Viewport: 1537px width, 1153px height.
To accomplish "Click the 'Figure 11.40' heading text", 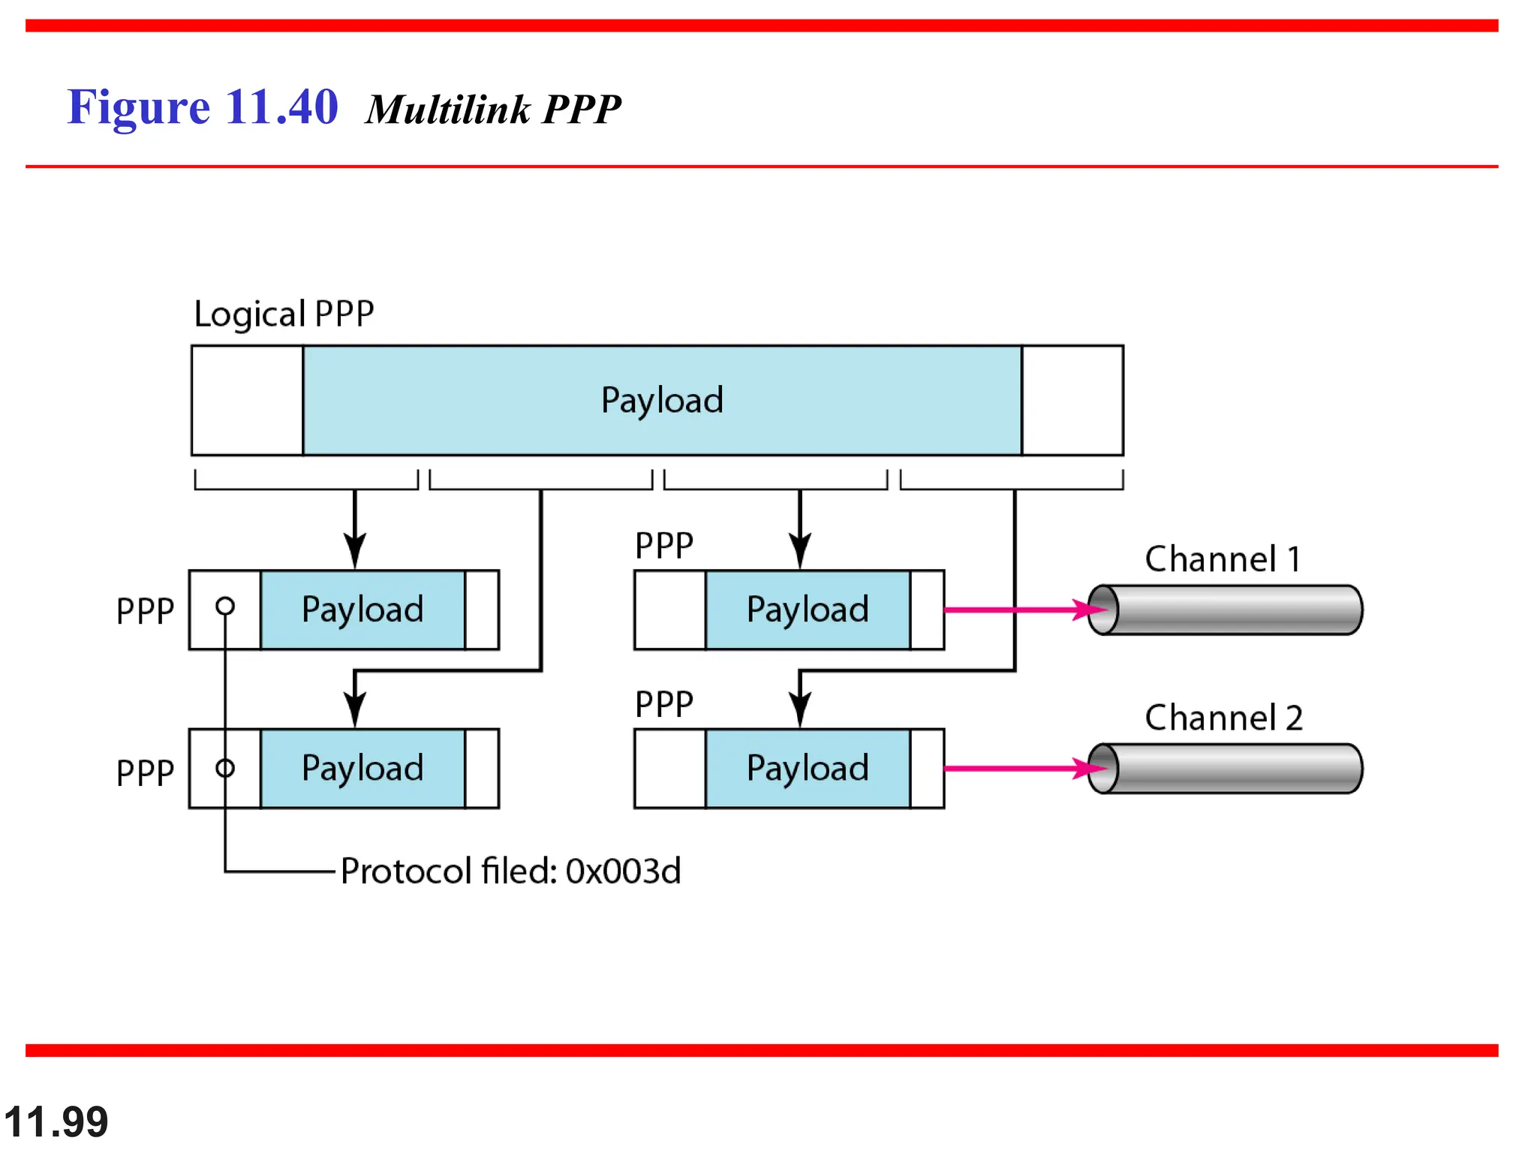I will click(x=202, y=107).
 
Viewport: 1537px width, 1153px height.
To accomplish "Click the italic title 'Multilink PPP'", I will click(x=493, y=110).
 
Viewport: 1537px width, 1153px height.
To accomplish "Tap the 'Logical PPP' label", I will click(x=284, y=314).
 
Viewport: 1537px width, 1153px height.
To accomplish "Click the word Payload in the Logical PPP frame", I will click(x=662, y=400).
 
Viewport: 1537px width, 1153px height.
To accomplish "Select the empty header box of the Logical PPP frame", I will click(x=247, y=400).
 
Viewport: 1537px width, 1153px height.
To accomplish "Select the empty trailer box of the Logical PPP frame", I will click(x=1072, y=400).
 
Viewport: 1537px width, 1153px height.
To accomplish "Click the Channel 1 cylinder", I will click(x=1231, y=610).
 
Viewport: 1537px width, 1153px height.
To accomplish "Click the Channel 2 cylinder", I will click(x=1231, y=768).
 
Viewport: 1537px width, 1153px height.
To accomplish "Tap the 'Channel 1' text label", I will click(x=1223, y=559).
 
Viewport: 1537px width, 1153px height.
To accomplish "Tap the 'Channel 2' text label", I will click(x=1223, y=718).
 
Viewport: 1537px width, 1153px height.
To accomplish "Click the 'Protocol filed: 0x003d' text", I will click(x=510, y=871).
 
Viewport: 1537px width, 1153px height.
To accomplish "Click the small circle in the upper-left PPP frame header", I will click(x=225, y=606).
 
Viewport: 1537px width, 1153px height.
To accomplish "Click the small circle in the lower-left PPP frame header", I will click(x=225, y=768).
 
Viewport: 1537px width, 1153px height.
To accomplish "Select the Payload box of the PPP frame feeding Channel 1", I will click(x=808, y=610).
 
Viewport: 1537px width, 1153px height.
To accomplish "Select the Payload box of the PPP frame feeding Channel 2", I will click(x=808, y=768).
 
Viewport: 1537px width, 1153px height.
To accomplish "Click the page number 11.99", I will click(x=56, y=1122).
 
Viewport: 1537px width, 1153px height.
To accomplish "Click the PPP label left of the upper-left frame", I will click(x=145, y=611).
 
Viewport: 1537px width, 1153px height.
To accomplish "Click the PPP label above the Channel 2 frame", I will click(x=664, y=704).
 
